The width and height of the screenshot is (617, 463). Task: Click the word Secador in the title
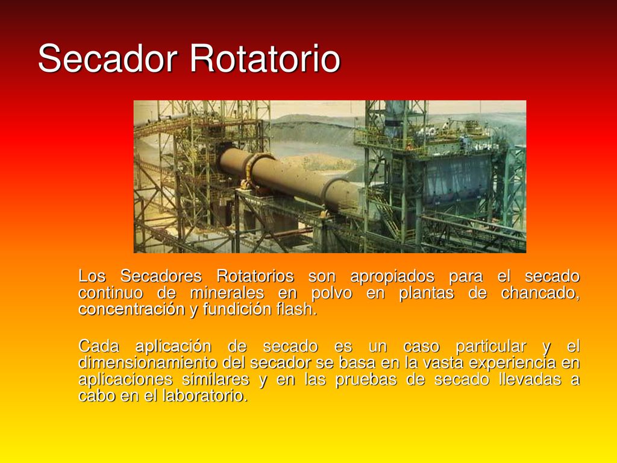(x=107, y=58)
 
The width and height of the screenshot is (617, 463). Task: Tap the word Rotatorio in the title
(x=265, y=58)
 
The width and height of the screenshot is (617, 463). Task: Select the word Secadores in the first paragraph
(x=161, y=276)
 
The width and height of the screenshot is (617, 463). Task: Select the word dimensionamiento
(x=148, y=362)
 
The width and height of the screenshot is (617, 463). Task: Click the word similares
(x=215, y=380)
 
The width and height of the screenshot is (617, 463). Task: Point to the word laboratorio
(x=205, y=395)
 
